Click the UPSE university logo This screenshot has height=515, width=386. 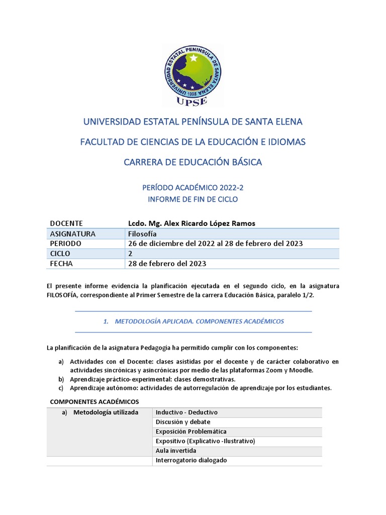click(192, 75)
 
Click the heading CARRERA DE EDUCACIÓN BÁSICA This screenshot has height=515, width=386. click(192, 162)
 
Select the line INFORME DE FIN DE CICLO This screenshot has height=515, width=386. click(192, 199)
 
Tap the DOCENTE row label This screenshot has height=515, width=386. click(66, 223)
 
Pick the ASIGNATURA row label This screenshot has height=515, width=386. click(73, 234)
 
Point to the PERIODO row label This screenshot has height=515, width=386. click(66, 243)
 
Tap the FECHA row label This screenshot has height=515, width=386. click(61, 264)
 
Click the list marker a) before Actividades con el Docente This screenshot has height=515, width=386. click(61, 361)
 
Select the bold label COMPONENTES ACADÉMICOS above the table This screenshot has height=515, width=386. click(94, 401)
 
